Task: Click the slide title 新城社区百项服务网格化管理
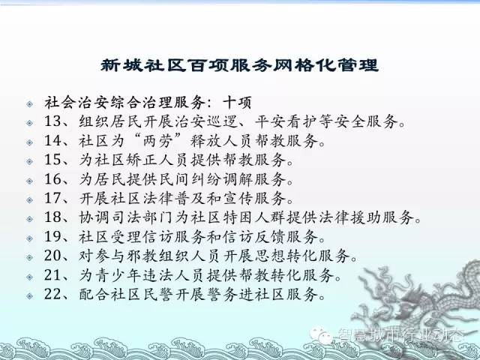pos(240,65)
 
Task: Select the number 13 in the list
pos(53,121)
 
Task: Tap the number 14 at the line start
pos(53,140)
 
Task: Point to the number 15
pos(53,160)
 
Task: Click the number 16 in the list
pos(53,179)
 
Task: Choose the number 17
pos(53,198)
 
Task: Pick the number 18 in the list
pos(53,217)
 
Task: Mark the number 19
pos(53,236)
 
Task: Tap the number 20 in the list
pos(53,256)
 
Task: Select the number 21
pos(53,275)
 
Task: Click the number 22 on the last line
pos(53,294)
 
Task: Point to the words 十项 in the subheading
pos(237,103)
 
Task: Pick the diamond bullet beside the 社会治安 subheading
pos(30,103)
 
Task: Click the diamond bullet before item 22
pos(30,296)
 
